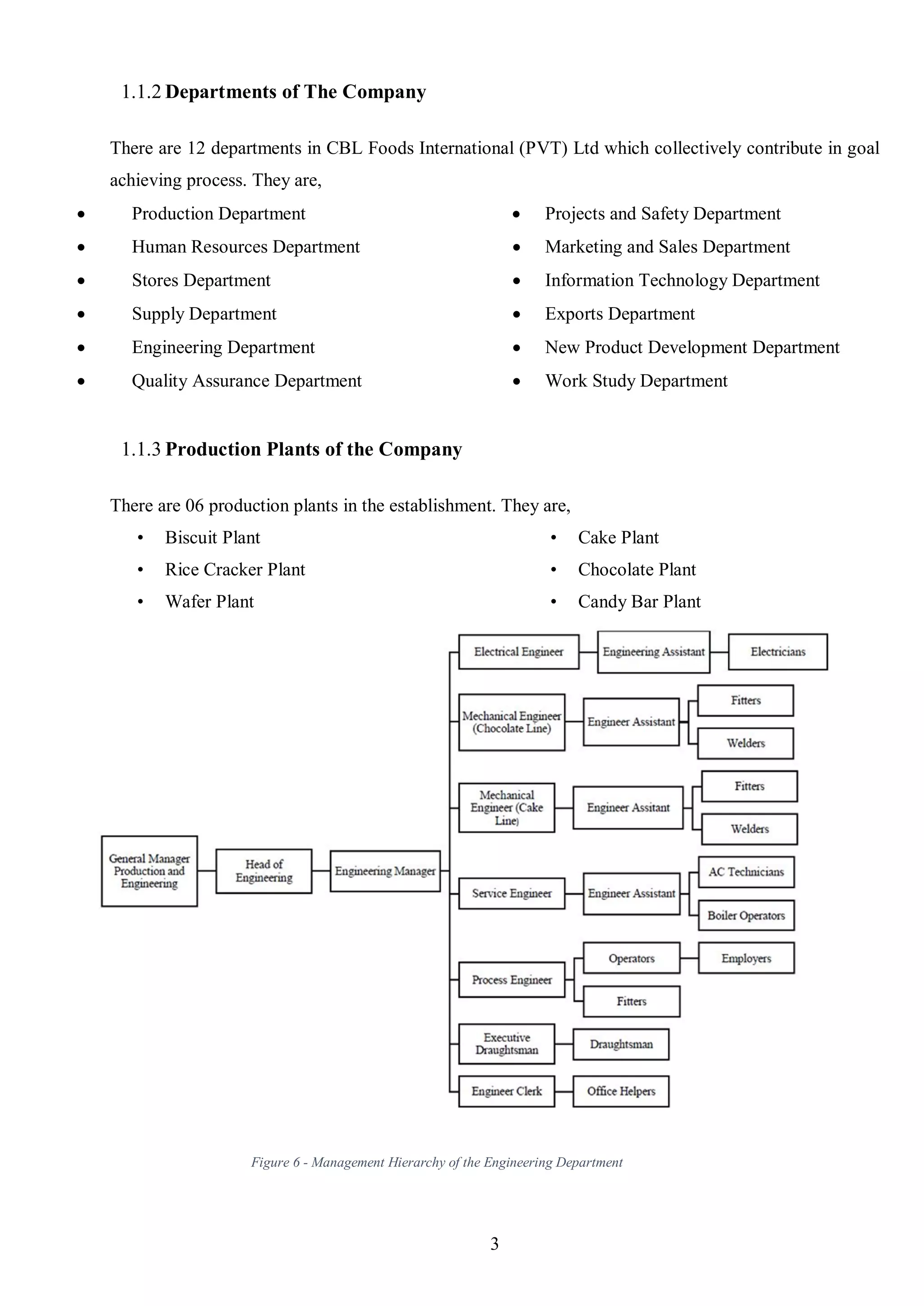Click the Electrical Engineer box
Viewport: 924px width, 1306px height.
(x=518, y=652)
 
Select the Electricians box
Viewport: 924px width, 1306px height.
(x=777, y=652)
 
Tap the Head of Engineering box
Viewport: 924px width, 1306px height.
(x=263, y=871)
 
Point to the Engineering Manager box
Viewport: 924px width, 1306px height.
(x=385, y=871)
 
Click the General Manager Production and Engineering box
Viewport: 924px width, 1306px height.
(x=149, y=871)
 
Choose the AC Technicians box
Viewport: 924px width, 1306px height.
(x=746, y=872)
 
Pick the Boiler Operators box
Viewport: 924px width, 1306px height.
(x=746, y=915)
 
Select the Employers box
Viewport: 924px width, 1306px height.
(x=746, y=958)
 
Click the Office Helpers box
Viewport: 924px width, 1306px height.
(x=621, y=1091)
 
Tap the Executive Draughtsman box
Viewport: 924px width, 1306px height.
(x=506, y=1044)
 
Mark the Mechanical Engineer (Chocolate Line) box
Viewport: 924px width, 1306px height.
(x=512, y=722)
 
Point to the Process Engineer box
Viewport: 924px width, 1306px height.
(x=512, y=979)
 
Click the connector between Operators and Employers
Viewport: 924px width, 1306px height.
(x=689, y=958)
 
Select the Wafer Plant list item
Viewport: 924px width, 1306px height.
(x=209, y=601)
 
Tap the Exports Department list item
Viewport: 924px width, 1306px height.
(x=619, y=314)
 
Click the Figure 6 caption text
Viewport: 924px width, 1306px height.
(x=437, y=1162)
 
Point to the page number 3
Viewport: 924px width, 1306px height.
(x=494, y=1244)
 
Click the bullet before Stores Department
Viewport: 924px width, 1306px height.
(x=81, y=281)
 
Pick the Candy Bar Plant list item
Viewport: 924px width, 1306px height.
(x=639, y=601)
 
